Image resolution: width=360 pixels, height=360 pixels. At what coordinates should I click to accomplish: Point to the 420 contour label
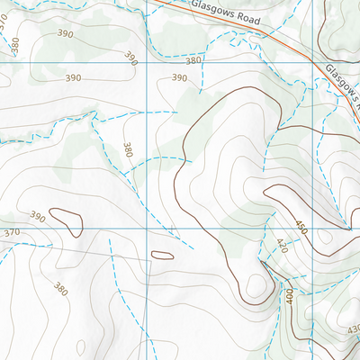[281, 245]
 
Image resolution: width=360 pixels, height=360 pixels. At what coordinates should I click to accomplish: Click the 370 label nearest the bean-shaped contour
[11, 233]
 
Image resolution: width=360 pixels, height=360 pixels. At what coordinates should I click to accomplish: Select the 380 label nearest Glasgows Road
[193, 61]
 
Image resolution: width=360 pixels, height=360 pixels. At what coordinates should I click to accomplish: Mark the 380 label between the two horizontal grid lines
[128, 149]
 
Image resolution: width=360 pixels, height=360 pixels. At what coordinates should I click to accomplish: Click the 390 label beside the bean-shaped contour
[38, 217]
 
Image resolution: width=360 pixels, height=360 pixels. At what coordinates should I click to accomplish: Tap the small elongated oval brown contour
[162, 256]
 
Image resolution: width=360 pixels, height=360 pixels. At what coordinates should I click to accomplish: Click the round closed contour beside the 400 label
[257, 286]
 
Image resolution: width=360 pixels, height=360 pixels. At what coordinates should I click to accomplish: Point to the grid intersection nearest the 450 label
[313, 228]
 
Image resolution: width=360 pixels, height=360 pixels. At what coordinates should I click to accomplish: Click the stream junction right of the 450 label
[346, 226]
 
